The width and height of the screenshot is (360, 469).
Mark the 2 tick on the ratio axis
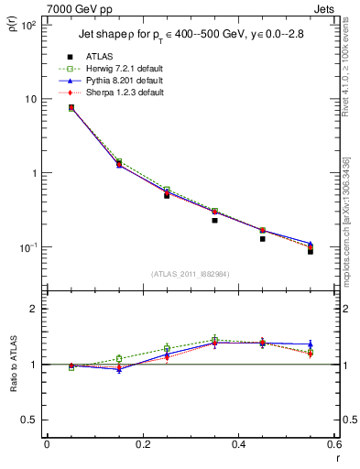pos(32,310)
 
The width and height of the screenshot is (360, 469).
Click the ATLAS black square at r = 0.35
pos(214,220)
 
